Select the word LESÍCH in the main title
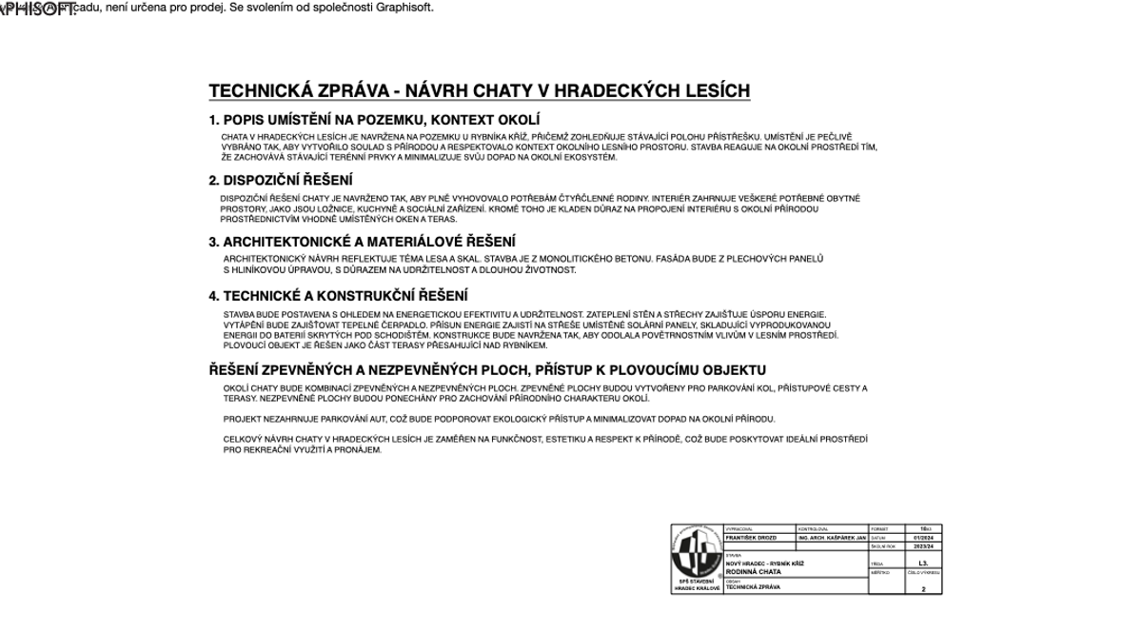click(713, 91)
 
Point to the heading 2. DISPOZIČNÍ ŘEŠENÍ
click(281, 180)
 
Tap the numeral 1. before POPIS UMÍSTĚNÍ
click(214, 120)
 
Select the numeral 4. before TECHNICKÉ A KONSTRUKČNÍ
click(214, 296)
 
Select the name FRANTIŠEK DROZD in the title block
click(751, 538)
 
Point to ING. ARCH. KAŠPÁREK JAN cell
click(832, 538)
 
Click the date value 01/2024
click(923, 538)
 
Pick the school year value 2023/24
click(923, 546)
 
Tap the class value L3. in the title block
click(923, 563)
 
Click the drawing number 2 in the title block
click(923, 589)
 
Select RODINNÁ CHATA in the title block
click(754, 572)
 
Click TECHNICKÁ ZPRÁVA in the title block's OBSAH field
click(753, 587)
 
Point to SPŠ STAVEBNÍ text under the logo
click(697, 581)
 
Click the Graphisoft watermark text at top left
click(38, 10)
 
